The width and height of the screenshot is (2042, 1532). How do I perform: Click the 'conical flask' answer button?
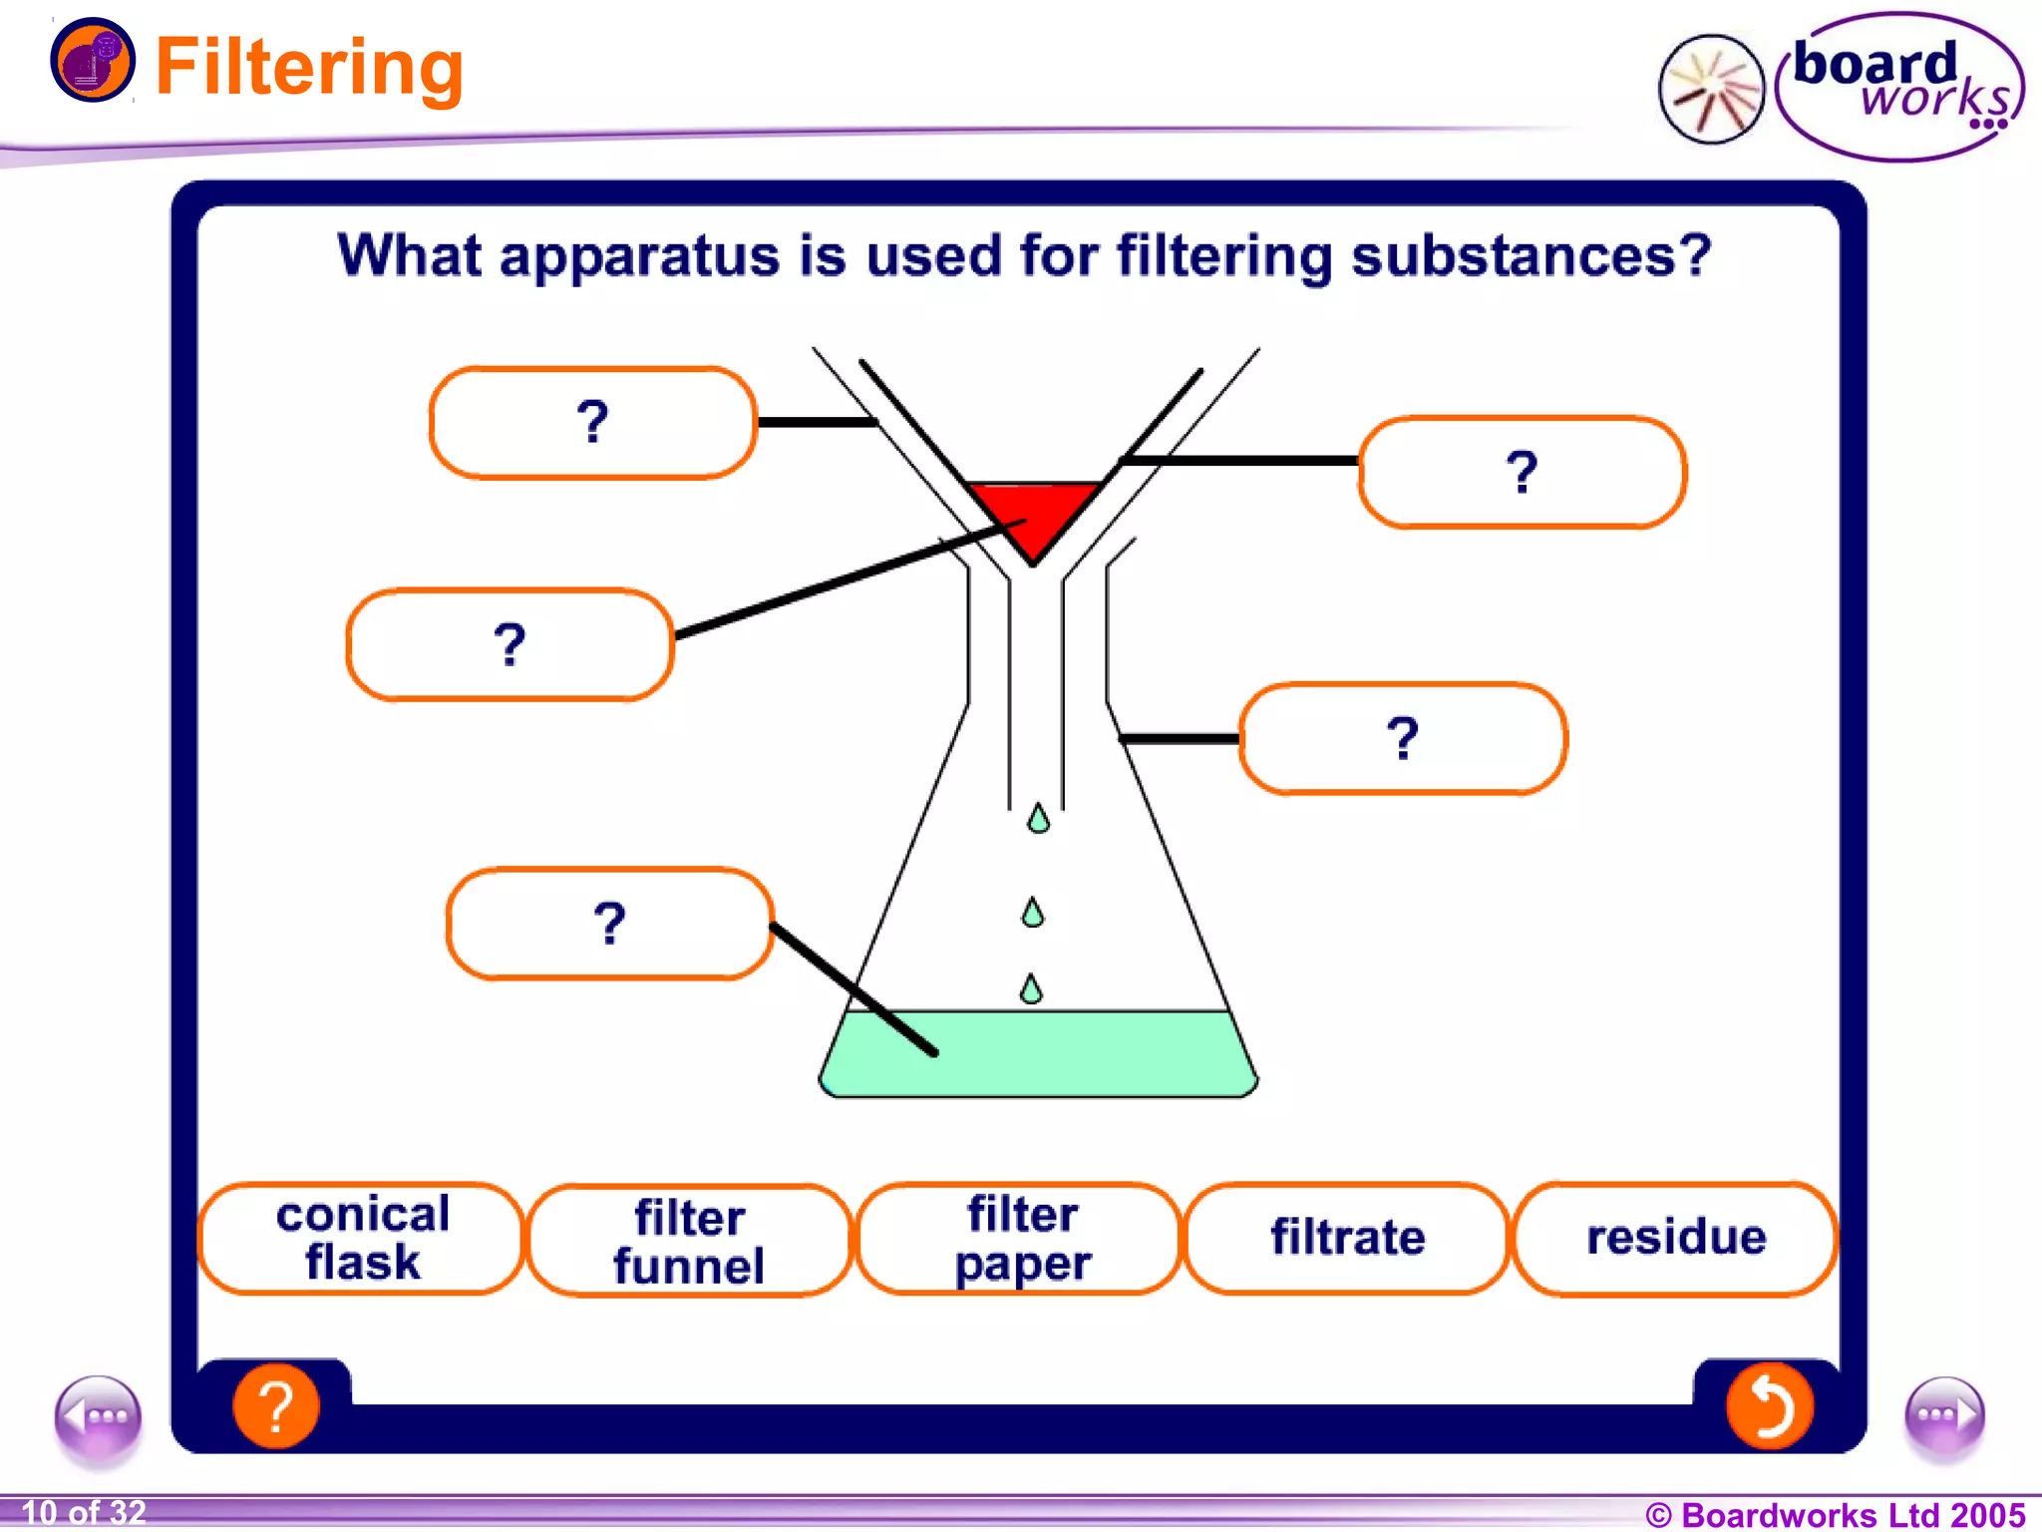[x=362, y=1238]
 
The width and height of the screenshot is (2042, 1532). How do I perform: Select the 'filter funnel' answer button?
[x=689, y=1240]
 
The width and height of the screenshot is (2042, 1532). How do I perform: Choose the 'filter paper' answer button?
[x=1021, y=1238]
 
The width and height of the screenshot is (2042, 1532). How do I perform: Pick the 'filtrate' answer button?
[x=1347, y=1238]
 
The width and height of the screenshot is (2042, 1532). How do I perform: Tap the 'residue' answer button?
[x=1675, y=1238]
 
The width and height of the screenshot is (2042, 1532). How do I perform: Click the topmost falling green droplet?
[x=1038, y=819]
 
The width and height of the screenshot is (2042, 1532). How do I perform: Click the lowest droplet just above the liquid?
[x=1031, y=989]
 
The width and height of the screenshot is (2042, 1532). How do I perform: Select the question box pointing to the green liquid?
[x=609, y=924]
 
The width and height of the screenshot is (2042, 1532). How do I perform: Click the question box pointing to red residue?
[x=510, y=644]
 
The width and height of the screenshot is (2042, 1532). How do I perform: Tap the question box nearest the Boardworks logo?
[x=1522, y=472]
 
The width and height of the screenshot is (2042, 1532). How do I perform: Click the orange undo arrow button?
[x=1769, y=1405]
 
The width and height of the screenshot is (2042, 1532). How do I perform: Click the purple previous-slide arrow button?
[x=98, y=1416]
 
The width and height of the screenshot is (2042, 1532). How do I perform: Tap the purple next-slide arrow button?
[x=1943, y=1416]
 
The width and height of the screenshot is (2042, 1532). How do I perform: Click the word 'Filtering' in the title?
[x=309, y=68]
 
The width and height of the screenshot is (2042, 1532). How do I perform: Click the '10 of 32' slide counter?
[x=84, y=1512]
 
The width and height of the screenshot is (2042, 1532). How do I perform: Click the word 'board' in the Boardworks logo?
[x=1873, y=65]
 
